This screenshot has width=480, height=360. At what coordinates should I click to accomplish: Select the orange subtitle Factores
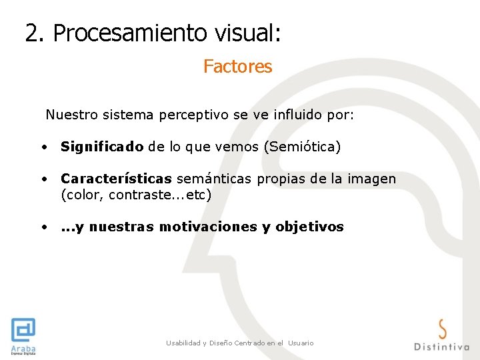[237, 67]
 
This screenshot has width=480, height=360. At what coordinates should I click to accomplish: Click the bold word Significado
[102, 147]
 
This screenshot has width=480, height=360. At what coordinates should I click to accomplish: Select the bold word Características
[116, 179]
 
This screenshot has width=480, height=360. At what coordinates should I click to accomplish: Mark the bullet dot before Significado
[43, 147]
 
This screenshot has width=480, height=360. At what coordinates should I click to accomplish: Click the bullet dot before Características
[43, 179]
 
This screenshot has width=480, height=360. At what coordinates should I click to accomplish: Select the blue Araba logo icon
[23, 330]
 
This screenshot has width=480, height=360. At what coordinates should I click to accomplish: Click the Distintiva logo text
[441, 346]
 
